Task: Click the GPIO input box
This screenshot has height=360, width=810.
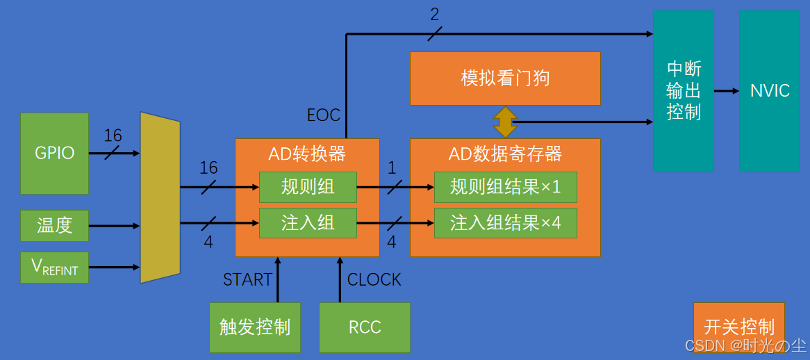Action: (x=54, y=153)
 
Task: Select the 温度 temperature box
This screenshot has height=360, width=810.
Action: (x=54, y=225)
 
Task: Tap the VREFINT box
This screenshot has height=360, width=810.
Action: (x=54, y=267)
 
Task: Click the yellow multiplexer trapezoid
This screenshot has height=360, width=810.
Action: (x=160, y=197)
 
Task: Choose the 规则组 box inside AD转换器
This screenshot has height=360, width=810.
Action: (x=308, y=186)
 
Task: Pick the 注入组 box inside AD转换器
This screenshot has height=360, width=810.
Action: (x=308, y=223)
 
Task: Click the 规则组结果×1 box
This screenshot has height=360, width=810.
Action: (x=505, y=186)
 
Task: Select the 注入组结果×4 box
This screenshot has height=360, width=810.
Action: (x=505, y=223)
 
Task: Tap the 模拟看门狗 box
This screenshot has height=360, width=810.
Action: (x=505, y=78)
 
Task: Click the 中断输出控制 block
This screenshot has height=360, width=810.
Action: (x=684, y=91)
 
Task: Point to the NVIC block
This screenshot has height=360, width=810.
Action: (x=770, y=91)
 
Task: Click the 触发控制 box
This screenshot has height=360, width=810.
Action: (x=255, y=327)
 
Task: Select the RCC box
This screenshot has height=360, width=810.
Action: (x=365, y=327)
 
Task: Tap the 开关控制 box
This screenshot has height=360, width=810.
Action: (x=738, y=327)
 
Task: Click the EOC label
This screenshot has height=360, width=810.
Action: (x=324, y=115)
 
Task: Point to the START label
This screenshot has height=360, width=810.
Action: (x=247, y=279)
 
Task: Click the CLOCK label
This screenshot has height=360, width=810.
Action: (x=374, y=279)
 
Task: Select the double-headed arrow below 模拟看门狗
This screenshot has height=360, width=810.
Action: (x=505, y=122)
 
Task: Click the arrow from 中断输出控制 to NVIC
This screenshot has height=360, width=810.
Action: (x=726, y=91)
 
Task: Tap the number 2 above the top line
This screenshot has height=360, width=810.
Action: (x=434, y=14)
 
